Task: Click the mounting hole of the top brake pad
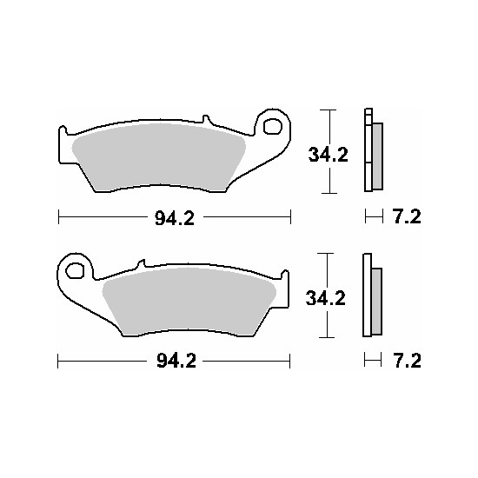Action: (272, 127)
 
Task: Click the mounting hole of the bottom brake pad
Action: (75, 270)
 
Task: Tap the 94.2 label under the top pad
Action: (175, 218)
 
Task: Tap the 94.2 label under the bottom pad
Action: (176, 362)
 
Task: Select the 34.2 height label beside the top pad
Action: (328, 155)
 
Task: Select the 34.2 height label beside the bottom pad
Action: (326, 298)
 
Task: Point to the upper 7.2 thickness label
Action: (407, 216)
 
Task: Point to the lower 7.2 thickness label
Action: (407, 361)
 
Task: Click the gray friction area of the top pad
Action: (158, 157)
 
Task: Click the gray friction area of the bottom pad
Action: (189, 302)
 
